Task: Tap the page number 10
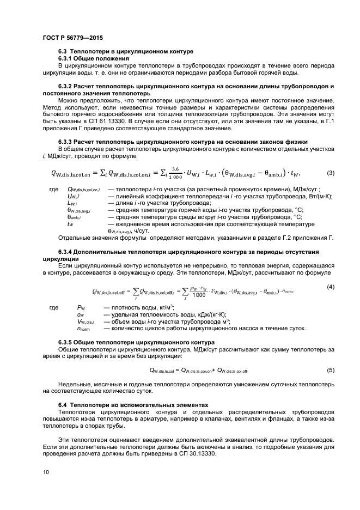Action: pos(46,472)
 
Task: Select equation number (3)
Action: pos(330,173)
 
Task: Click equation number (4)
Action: pos(330,287)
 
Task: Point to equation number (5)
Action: pos(330,370)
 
